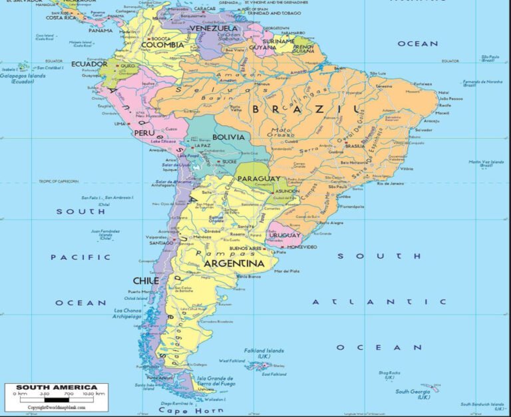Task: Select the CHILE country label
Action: [x=146, y=281]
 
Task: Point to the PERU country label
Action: [x=144, y=133]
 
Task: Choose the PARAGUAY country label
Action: [x=259, y=179]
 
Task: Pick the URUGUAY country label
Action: [x=284, y=235]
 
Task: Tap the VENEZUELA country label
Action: [x=214, y=29]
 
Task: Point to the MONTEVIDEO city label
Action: [x=301, y=247]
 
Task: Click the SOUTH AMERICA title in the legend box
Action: [x=57, y=387]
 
